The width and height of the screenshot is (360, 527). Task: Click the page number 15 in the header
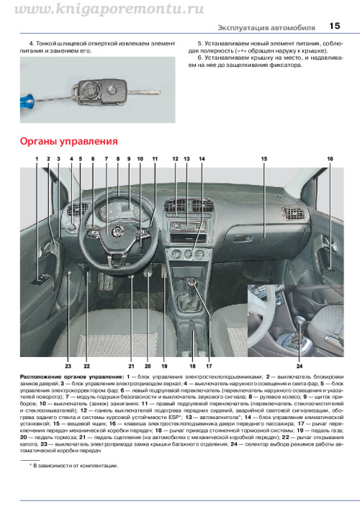pyautogui.click(x=335, y=26)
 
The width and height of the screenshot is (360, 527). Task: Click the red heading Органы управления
pyautogui.click(x=69, y=142)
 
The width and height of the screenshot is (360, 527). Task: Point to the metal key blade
pyautogui.click(x=144, y=91)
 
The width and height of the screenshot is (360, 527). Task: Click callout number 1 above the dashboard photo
pyautogui.click(x=37, y=159)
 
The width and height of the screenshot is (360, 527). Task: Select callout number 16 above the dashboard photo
pyautogui.click(x=330, y=159)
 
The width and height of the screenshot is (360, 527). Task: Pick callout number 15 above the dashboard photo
pyautogui.click(x=264, y=159)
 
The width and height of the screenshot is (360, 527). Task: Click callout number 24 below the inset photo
pyautogui.click(x=300, y=366)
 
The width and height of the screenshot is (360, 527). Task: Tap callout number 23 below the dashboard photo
pyautogui.click(x=68, y=366)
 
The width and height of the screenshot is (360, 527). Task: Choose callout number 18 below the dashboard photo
pyautogui.click(x=193, y=366)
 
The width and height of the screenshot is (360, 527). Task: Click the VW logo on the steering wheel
pyautogui.click(x=117, y=231)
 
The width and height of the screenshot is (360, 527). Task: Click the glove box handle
pyautogui.click(x=242, y=238)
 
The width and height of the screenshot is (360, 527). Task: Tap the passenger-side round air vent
pyautogui.click(x=294, y=214)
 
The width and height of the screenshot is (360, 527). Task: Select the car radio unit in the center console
pyautogui.click(x=187, y=227)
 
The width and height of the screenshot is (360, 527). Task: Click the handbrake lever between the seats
pyautogui.click(x=192, y=330)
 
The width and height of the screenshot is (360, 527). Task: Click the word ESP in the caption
pyautogui.click(x=174, y=417)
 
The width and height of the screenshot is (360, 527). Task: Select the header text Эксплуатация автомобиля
pyautogui.click(x=266, y=28)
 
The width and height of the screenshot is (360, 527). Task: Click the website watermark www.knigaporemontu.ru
pyautogui.click(x=109, y=9)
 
